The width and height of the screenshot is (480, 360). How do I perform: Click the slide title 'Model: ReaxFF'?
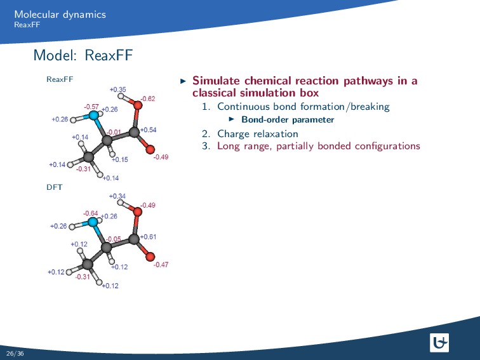point(83,56)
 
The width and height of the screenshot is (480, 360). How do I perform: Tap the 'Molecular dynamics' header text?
point(60,14)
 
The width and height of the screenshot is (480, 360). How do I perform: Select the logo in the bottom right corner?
point(439,343)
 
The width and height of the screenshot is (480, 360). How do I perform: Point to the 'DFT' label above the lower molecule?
point(54,188)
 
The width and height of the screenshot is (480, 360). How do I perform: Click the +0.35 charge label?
point(117,90)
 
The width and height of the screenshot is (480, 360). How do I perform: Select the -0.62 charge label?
point(147,98)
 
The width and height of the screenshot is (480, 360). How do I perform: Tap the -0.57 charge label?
point(91,107)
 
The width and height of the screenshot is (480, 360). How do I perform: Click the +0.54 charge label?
point(148,130)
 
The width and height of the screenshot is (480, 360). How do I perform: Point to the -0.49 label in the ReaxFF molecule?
point(161,157)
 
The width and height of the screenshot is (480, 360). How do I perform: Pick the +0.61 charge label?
point(148,237)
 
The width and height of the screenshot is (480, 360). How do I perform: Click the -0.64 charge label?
point(90,213)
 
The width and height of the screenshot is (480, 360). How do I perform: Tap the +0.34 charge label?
point(117,196)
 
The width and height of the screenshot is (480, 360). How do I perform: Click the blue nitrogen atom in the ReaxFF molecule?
point(94,116)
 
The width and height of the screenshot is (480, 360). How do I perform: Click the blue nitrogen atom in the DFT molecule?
point(93,222)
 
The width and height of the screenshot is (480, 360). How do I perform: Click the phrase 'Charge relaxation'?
point(257,133)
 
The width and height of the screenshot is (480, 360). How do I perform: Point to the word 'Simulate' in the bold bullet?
point(215,81)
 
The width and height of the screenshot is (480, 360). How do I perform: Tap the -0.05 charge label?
point(114,239)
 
